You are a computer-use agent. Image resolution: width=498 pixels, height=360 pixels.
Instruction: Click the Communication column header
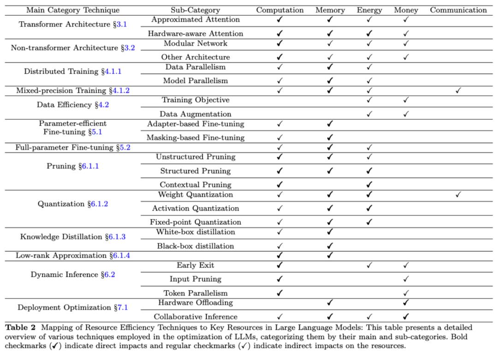[458, 10]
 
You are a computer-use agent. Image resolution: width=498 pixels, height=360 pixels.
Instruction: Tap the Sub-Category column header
[195, 10]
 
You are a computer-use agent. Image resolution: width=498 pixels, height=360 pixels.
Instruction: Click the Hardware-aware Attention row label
[196, 33]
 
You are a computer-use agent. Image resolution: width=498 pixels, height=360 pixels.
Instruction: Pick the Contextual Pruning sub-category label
[196, 185]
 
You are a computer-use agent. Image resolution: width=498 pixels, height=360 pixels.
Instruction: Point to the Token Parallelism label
[196, 293]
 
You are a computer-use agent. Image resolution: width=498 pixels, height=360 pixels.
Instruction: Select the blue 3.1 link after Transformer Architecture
[121, 24]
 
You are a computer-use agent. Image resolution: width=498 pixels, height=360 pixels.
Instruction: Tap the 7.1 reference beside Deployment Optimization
[122, 307]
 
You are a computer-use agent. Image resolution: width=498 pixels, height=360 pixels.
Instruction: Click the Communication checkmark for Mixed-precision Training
[458, 91]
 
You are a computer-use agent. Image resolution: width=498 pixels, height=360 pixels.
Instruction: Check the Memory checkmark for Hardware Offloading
[330, 303]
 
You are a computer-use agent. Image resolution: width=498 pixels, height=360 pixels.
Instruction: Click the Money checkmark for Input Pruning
[406, 279]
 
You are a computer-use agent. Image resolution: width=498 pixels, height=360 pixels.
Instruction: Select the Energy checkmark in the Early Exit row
[369, 265]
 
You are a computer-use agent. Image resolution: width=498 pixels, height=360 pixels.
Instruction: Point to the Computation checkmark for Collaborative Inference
[279, 317]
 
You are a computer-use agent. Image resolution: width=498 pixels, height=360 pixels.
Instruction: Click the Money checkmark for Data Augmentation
[406, 114]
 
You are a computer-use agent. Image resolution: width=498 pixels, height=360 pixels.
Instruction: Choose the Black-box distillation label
[196, 246]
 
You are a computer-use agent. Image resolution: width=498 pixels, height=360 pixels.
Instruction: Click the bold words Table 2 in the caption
[20, 328]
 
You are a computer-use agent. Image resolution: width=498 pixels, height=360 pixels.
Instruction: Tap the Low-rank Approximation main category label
[61, 256]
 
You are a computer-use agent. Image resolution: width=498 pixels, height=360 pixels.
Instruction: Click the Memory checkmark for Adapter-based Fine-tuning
[330, 124]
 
